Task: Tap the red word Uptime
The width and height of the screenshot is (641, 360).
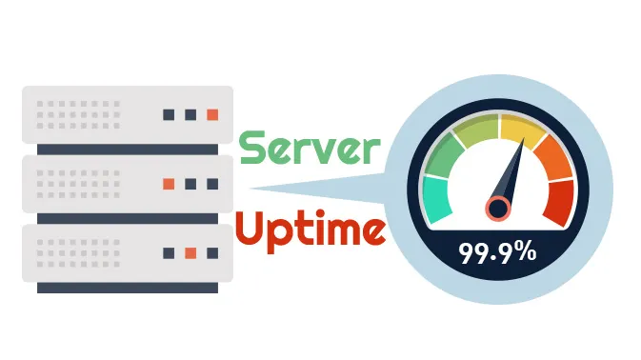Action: [310, 229]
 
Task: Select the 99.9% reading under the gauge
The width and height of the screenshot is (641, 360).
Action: [497, 254]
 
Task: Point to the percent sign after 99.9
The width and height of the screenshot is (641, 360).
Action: [523, 254]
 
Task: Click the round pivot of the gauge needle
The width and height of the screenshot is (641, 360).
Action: [497, 208]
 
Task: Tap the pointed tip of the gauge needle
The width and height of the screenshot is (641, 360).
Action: [523, 143]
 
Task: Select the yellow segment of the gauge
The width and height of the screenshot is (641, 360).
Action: [521, 129]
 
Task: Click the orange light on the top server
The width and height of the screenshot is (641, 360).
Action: [212, 114]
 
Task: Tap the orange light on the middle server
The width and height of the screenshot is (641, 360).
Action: [169, 183]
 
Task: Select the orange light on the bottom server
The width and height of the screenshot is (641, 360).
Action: [190, 252]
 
